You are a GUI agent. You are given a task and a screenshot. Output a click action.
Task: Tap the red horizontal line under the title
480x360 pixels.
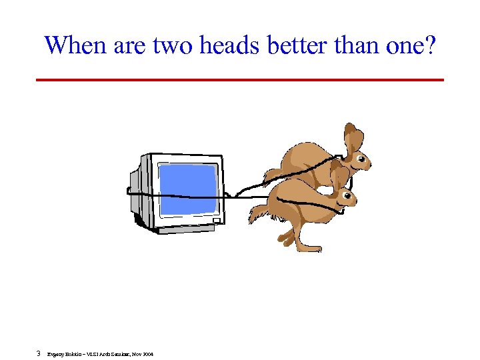point(239,80)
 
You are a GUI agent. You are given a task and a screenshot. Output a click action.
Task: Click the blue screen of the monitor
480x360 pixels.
point(189,188)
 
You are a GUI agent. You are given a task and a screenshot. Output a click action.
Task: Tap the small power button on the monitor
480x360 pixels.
point(216,221)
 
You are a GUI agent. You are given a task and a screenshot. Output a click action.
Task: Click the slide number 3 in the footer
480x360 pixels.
point(39,353)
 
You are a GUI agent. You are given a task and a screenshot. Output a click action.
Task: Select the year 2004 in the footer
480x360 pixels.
point(147,354)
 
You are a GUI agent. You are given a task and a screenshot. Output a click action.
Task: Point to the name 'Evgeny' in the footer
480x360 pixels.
point(55,354)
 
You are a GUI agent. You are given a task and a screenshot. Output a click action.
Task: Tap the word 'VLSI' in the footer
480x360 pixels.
point(93,354)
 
